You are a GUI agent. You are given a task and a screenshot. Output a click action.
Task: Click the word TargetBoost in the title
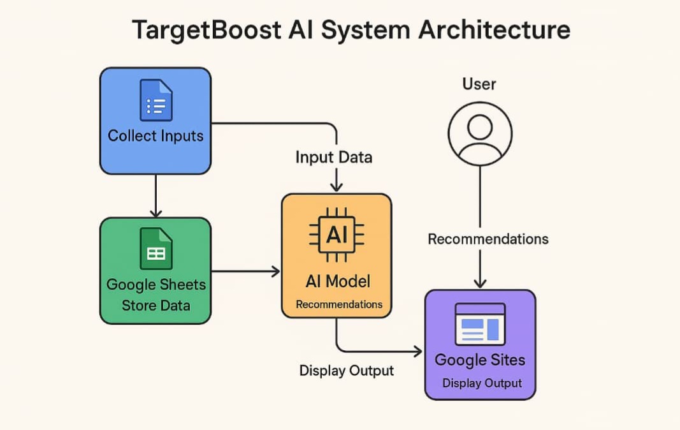click(x=207, y=30)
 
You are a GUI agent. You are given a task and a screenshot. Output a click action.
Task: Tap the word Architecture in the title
click(x=495, y=29)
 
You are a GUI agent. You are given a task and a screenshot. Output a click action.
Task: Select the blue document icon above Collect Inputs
click(x=156, y=100)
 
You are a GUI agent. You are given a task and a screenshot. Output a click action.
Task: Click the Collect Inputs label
click(x=156, y=136)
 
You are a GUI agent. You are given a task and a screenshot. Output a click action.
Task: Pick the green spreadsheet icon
click(x=156, y=249)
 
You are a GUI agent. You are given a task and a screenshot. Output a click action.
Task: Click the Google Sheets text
click(x=156, y=285)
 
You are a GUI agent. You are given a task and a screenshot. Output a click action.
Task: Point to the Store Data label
click(x=156, y=306)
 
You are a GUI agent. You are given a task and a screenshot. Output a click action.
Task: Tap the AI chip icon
click(x=336, y=235)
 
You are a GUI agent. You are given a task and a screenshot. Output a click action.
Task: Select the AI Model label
click(x=338, y=281)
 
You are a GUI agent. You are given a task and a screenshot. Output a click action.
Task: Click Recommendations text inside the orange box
click(x=339, y=304)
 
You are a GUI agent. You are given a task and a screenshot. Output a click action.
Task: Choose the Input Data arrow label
click(x=334, y=157)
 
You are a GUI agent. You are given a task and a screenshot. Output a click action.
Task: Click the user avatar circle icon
click(x=480, y=134)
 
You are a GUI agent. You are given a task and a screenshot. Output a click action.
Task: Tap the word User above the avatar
click(x=479, y=84)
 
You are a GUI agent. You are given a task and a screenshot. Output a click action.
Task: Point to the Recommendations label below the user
click(x=488, y=239)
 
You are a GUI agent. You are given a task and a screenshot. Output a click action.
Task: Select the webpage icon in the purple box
click(x=480, y=324)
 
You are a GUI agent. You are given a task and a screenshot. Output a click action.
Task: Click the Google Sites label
click(x=480, y=360)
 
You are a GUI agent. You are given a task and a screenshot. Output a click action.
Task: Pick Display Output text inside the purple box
click(x=482, y=383)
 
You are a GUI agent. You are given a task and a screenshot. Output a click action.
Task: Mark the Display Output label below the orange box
click(x=347, y=371)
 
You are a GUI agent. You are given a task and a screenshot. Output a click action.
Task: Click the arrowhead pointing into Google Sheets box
click(x=156, y=213)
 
